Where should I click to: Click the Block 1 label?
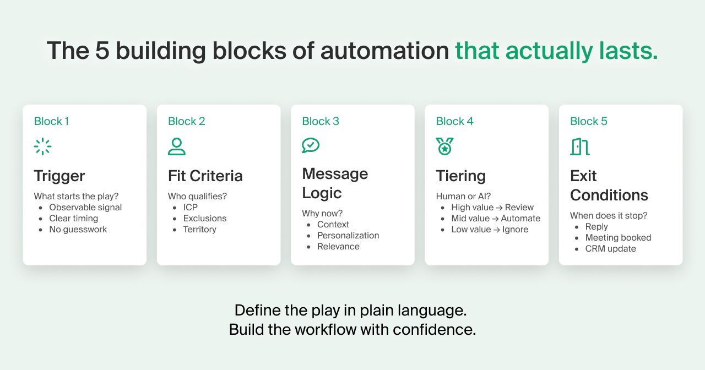pos(51,121)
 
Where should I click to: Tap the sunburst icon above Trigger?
pos(42,146)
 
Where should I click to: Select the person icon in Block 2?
pos(177,146)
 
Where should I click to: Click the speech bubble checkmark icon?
pos(311,145)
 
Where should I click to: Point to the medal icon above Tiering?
pos(444,146)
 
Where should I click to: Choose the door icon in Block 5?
pos(580,146)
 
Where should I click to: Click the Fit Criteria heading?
pos(205,176)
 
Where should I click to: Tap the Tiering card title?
pos(461,176)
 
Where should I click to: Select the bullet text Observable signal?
pos(85,208)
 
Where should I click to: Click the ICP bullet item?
pos(191,208)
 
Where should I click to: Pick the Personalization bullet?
pos(348,235)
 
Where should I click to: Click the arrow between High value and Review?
pos(499,208)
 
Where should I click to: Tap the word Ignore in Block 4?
pos(515,230)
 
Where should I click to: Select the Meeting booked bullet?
pos(618,237)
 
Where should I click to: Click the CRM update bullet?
pos(611,248)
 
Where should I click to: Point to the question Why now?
pos(322,213)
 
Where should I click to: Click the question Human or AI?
pos(463,197)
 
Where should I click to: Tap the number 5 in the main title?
pos(102,51)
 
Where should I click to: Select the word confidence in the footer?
pos(435,330)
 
